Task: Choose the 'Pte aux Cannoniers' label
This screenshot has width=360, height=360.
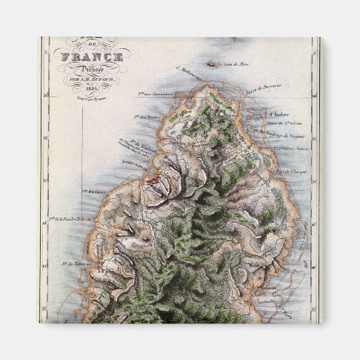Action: [156, 94]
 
